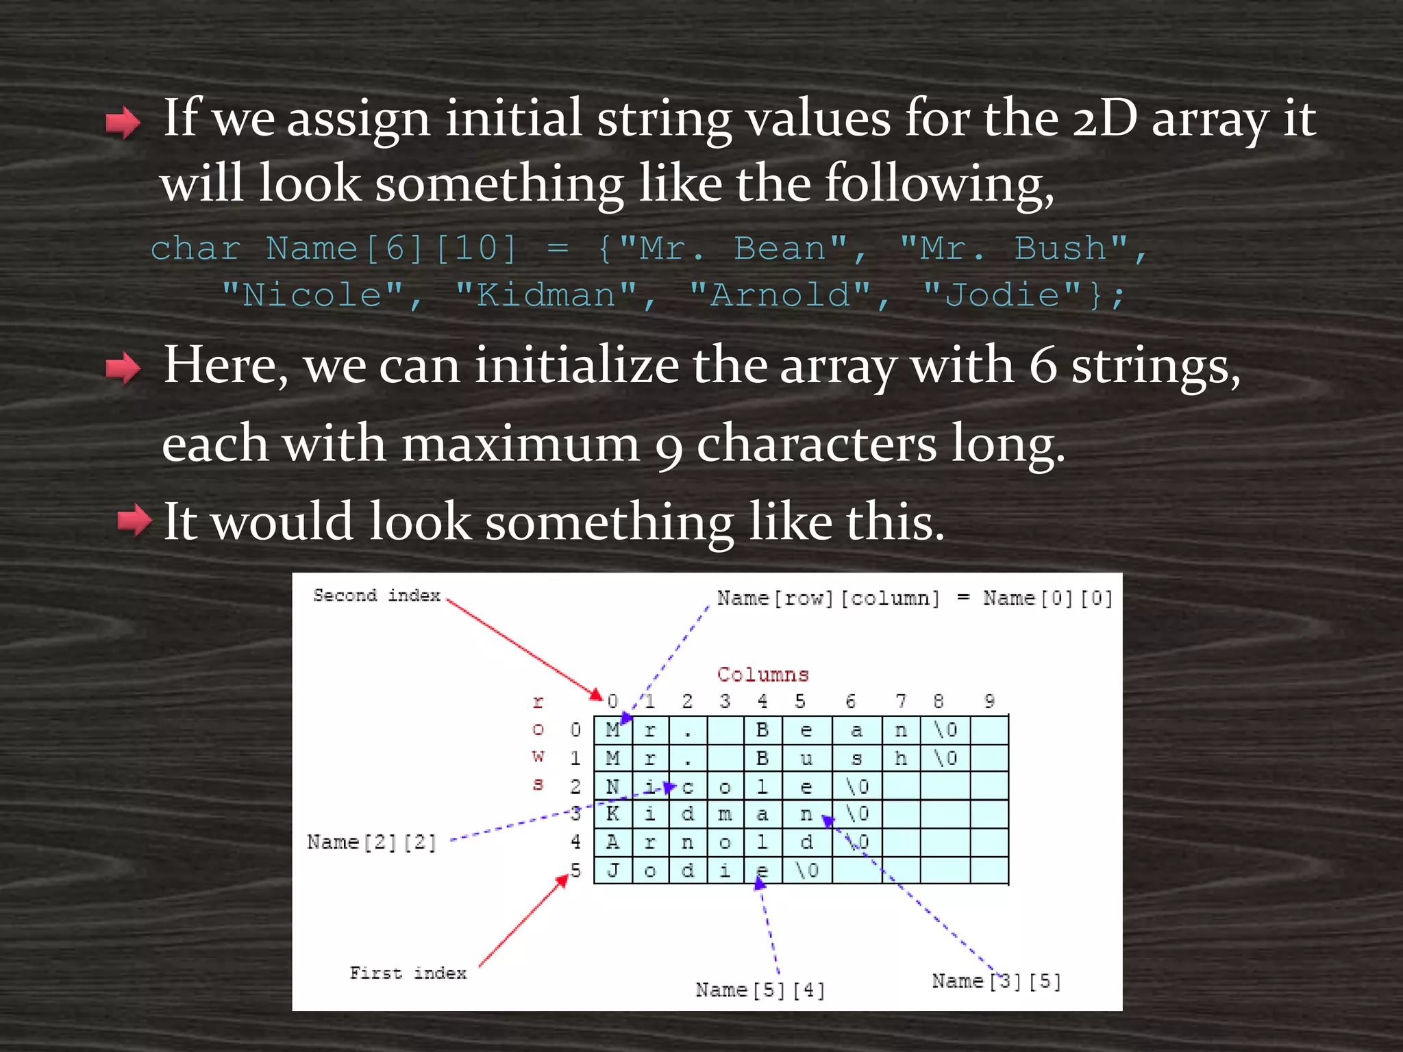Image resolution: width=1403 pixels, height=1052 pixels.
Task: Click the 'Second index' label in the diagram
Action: pos(376,595)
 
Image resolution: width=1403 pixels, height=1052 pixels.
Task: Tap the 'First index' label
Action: pos(408,973)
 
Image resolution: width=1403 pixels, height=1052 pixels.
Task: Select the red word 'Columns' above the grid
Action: pos(762,675)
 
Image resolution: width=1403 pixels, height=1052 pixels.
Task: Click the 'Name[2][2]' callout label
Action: pos(371,842)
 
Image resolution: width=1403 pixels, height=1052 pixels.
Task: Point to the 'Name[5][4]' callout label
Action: pos(760,990)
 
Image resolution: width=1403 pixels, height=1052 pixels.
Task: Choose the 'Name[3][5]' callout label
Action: pos(996,981)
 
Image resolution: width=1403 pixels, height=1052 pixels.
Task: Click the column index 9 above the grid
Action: pos(989,701)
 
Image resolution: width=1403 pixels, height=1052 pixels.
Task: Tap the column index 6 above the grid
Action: pos(850,701)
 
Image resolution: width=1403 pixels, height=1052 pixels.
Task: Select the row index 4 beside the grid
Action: pos(575,842)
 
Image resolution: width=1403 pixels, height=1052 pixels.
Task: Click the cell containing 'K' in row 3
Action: pos(612,814)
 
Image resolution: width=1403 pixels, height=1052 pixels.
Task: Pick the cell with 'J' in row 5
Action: pos(612,871)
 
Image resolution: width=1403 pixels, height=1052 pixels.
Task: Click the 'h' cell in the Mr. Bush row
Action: pos(901,758)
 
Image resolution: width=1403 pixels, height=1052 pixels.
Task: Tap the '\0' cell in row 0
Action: pos(945,730)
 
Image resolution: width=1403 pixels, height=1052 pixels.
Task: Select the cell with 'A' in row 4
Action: pos(612,842)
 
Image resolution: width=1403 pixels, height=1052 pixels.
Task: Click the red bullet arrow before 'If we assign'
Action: pos(123,123)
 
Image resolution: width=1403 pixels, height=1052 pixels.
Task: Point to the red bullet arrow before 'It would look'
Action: pos(134,521)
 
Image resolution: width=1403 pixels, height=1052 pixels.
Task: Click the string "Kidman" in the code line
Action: pos(546,296)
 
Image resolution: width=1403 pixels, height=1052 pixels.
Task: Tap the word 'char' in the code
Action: pos(195,249)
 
